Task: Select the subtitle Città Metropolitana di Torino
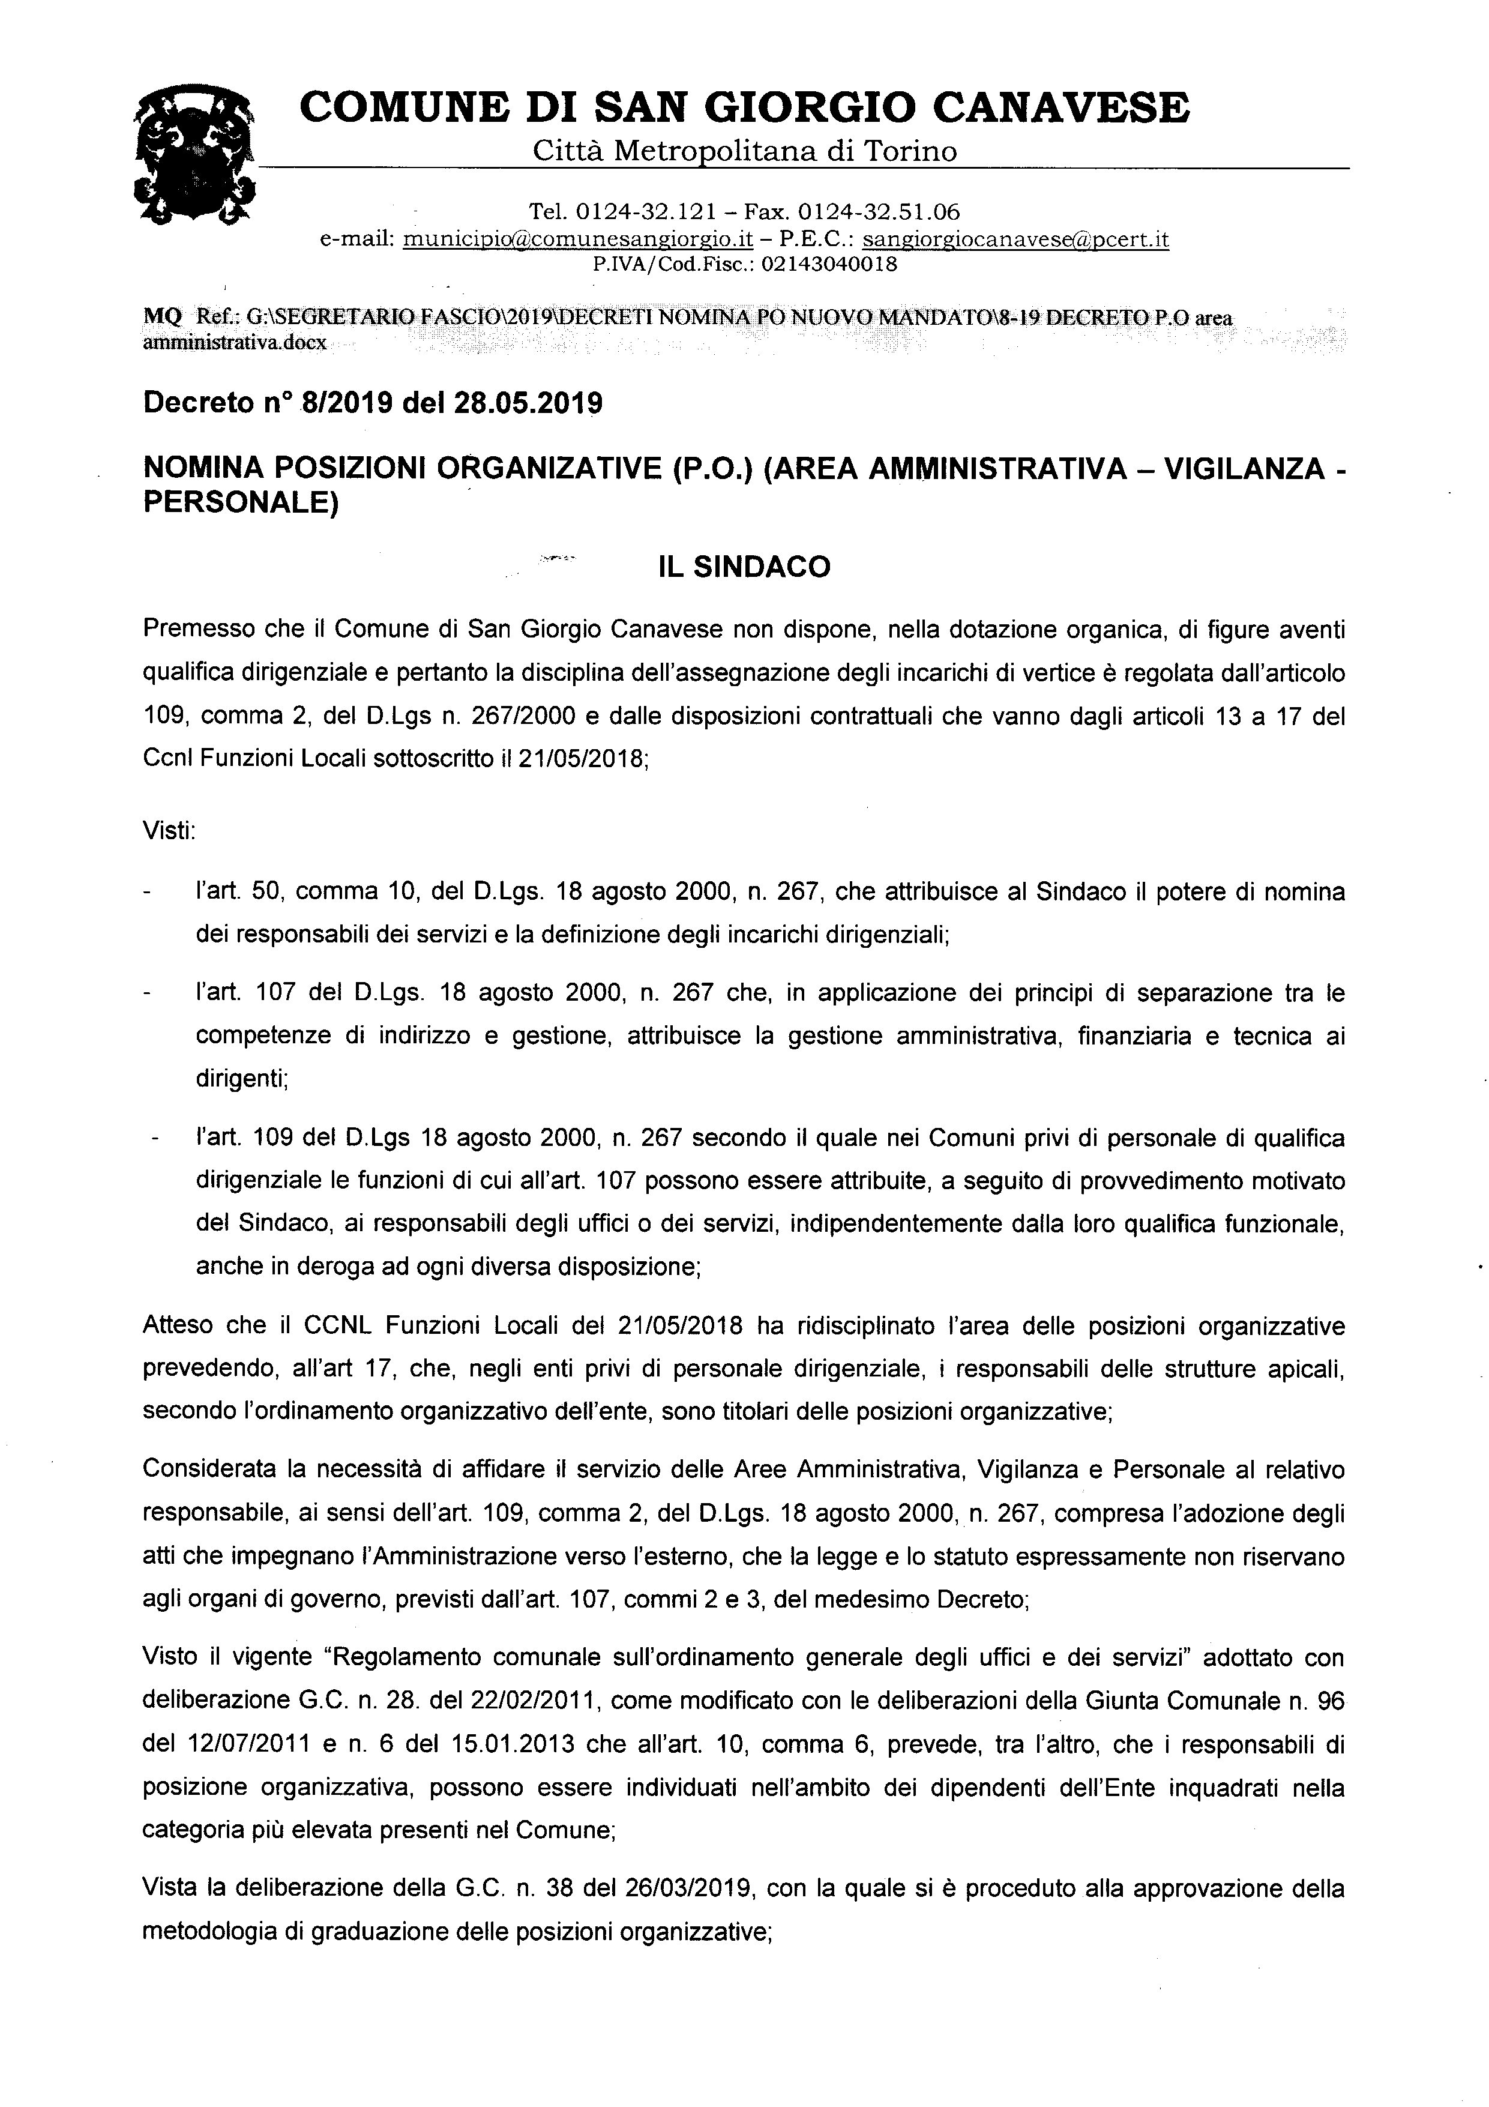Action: pyautogui.click(x=744, y=151)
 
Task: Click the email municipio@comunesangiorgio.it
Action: pyautogui.click(x=578, y=240)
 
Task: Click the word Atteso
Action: pyautogui.click(x=178, y=1326)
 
